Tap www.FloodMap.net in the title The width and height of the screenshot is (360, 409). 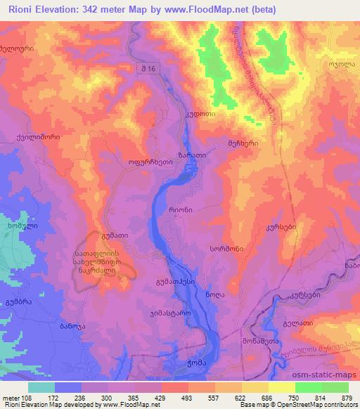coord(207,10)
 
